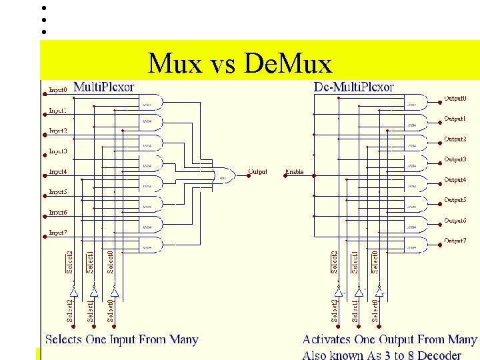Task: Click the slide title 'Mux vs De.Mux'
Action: point(239,64)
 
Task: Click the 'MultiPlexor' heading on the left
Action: point(103,87)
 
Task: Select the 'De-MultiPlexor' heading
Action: point(353,87)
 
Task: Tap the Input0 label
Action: point(58,89)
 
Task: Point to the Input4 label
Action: point(58,172)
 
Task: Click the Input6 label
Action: point(58,213)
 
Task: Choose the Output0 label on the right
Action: point(455,99)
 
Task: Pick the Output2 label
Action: point(455,139)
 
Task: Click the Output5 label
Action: point(455,200)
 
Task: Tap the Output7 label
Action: point(455,241)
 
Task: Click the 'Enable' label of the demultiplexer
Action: point(294,172)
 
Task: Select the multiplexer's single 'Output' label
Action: point(257,172)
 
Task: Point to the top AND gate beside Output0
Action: point(415,103)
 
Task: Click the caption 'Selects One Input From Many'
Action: point(122,339)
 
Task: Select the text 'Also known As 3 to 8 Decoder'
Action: point(381,355)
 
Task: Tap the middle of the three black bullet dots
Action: point(43,20)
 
